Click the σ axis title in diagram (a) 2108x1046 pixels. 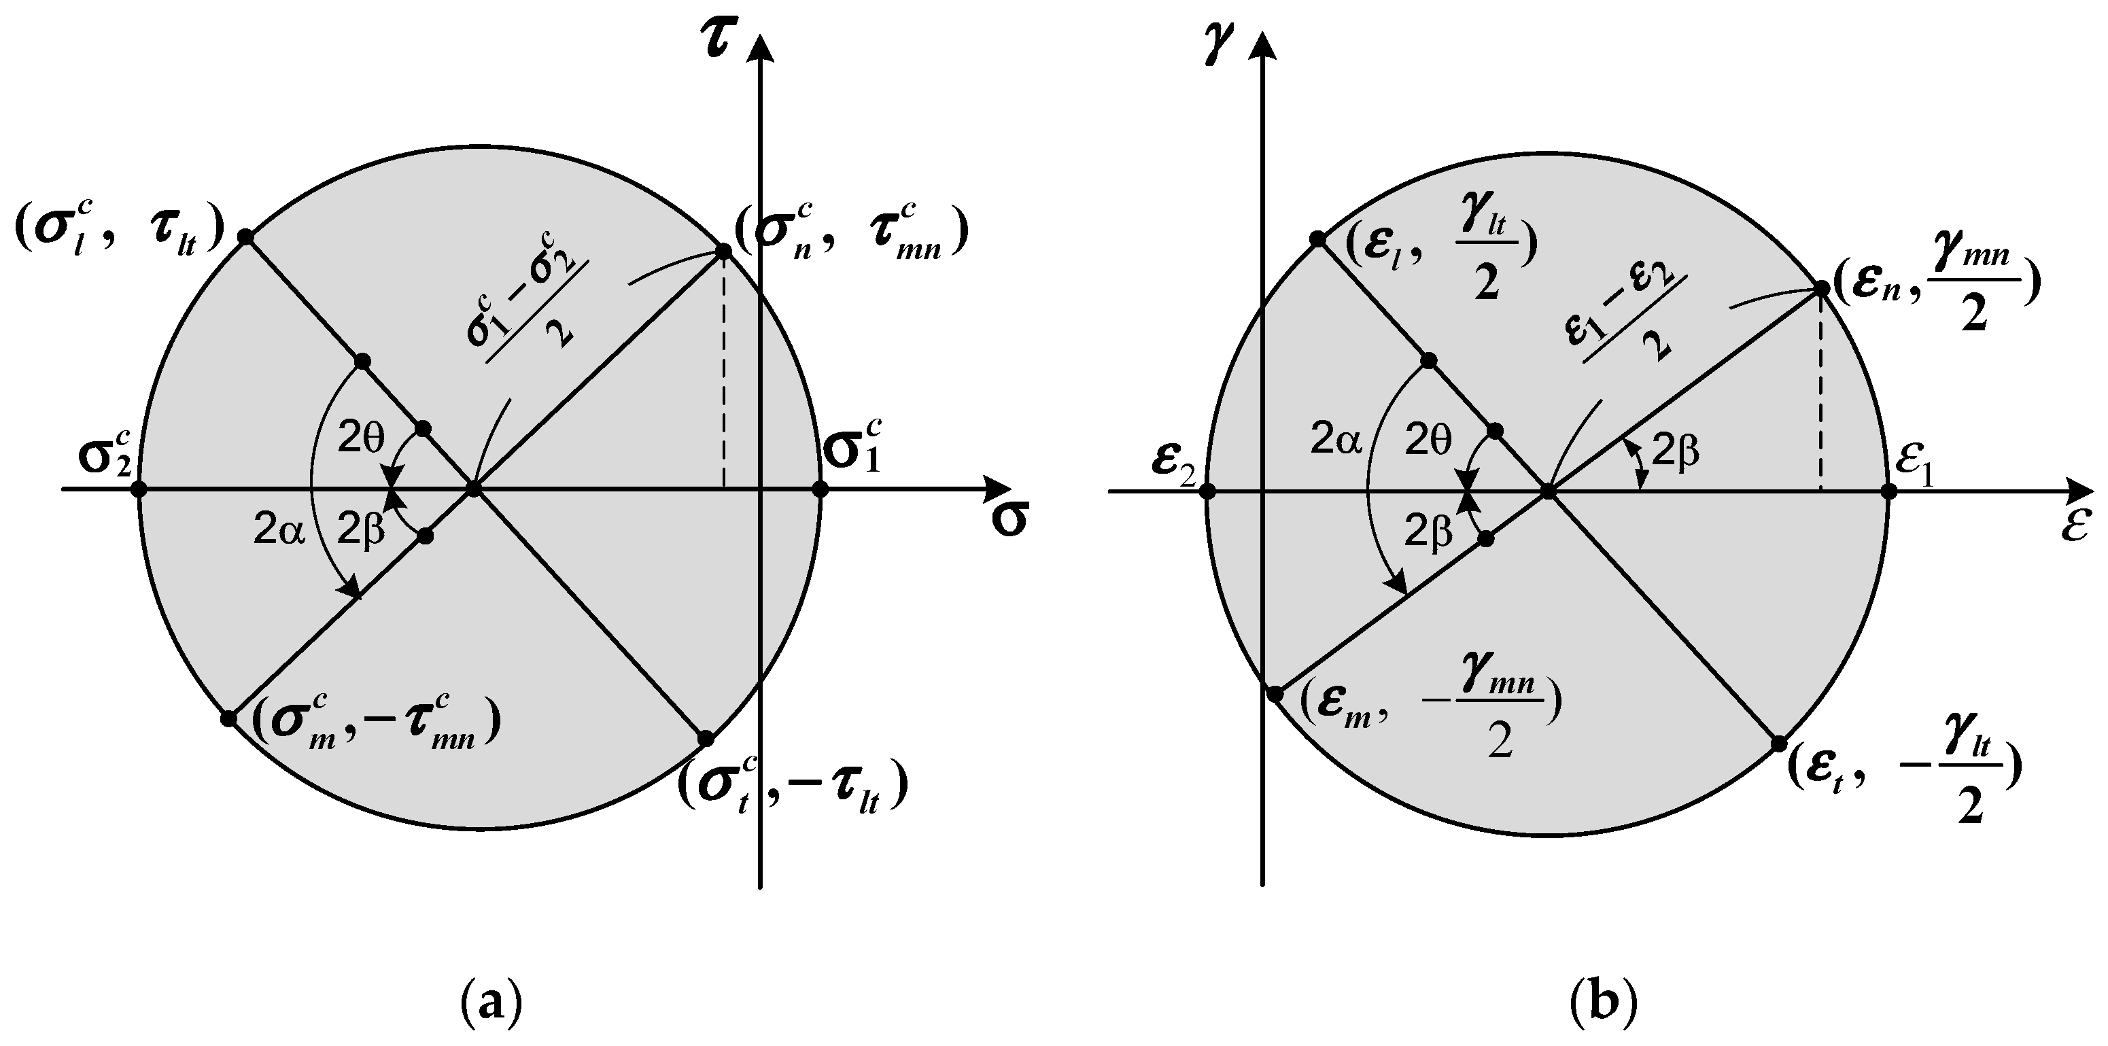coord(1009,520)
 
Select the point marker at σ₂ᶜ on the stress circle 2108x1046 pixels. coord(139,489)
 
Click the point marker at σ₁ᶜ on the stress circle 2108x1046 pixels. coord(820,489)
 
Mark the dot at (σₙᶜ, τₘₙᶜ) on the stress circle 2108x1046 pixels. coord(723,251)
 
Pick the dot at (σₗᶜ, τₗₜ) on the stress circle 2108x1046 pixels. coord(245,237)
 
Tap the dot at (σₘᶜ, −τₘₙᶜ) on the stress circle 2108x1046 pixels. coord(228,718)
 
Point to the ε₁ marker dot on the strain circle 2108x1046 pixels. coord(1888,491)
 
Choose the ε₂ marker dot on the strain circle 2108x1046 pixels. coord(1207,491)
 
